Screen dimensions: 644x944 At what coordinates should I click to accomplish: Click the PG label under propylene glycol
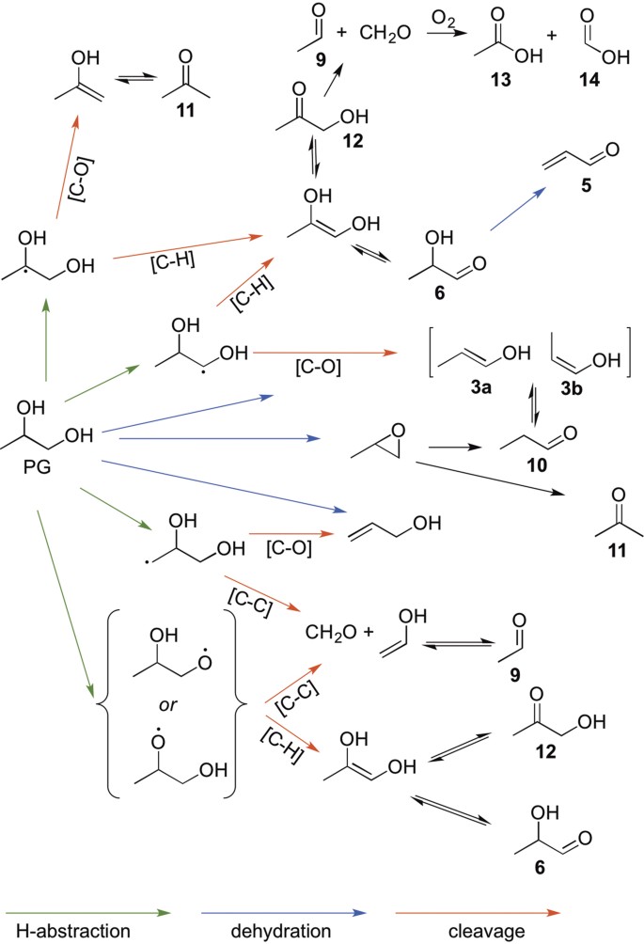36,466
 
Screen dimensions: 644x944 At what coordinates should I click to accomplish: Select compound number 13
500,79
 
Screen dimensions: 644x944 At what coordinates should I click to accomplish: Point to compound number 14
589,79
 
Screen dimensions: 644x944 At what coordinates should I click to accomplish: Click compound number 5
586,185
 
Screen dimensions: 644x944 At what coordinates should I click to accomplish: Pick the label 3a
481,387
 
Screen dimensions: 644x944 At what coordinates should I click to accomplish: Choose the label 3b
572,388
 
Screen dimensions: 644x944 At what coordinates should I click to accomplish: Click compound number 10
536,464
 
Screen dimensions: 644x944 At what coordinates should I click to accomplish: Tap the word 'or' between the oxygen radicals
168,704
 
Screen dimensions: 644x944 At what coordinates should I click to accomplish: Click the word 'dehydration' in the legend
281,931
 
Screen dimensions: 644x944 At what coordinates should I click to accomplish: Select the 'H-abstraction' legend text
72,931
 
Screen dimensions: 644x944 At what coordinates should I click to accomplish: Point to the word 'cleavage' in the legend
486,932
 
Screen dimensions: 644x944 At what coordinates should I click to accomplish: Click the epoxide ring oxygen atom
398,430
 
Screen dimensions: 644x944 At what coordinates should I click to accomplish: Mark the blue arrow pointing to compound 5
518,209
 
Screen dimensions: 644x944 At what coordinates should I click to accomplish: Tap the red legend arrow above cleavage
478,913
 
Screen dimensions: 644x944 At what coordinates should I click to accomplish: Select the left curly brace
102,702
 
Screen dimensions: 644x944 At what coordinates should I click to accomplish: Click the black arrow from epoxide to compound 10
455,448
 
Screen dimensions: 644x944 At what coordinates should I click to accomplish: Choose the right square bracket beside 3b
628,353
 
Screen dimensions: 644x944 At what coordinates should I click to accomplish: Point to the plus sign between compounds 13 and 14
553,36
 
